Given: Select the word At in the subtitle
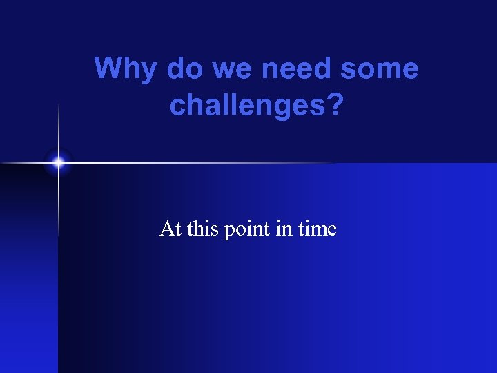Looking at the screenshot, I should click(x=170, y=228).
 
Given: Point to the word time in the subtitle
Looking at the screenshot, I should click(x=317, y=228).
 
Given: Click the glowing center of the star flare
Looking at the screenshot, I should click(x=59, y=163).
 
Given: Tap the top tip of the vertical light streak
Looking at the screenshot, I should click(x=59, y=104).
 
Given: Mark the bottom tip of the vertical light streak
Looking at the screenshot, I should click(x=59, y=235).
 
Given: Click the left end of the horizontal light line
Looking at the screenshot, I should click(x=3, y=163).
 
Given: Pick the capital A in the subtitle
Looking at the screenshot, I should click(x=166, y=228).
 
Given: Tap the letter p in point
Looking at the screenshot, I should click(x=229, y=230).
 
